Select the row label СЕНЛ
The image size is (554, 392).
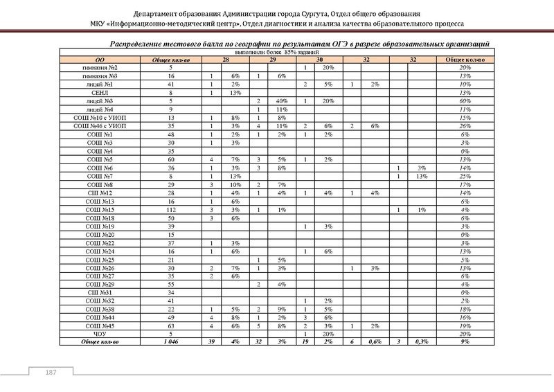click(100, 92)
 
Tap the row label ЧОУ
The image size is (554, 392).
click(100, 334)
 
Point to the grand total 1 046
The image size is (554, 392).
click(170, 341)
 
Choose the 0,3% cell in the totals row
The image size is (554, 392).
click(422, 341)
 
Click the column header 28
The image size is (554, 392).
click(225, 60)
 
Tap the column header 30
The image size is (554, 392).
click(319, 60)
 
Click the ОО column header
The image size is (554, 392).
click(100, 60)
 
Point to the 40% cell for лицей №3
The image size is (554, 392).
click(282, 100)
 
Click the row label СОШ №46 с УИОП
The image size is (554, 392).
click(100, 126)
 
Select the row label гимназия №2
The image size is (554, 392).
click(100, 68)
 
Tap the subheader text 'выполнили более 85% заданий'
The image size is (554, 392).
click(274, 53)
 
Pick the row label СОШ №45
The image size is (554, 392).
click(100, 326)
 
